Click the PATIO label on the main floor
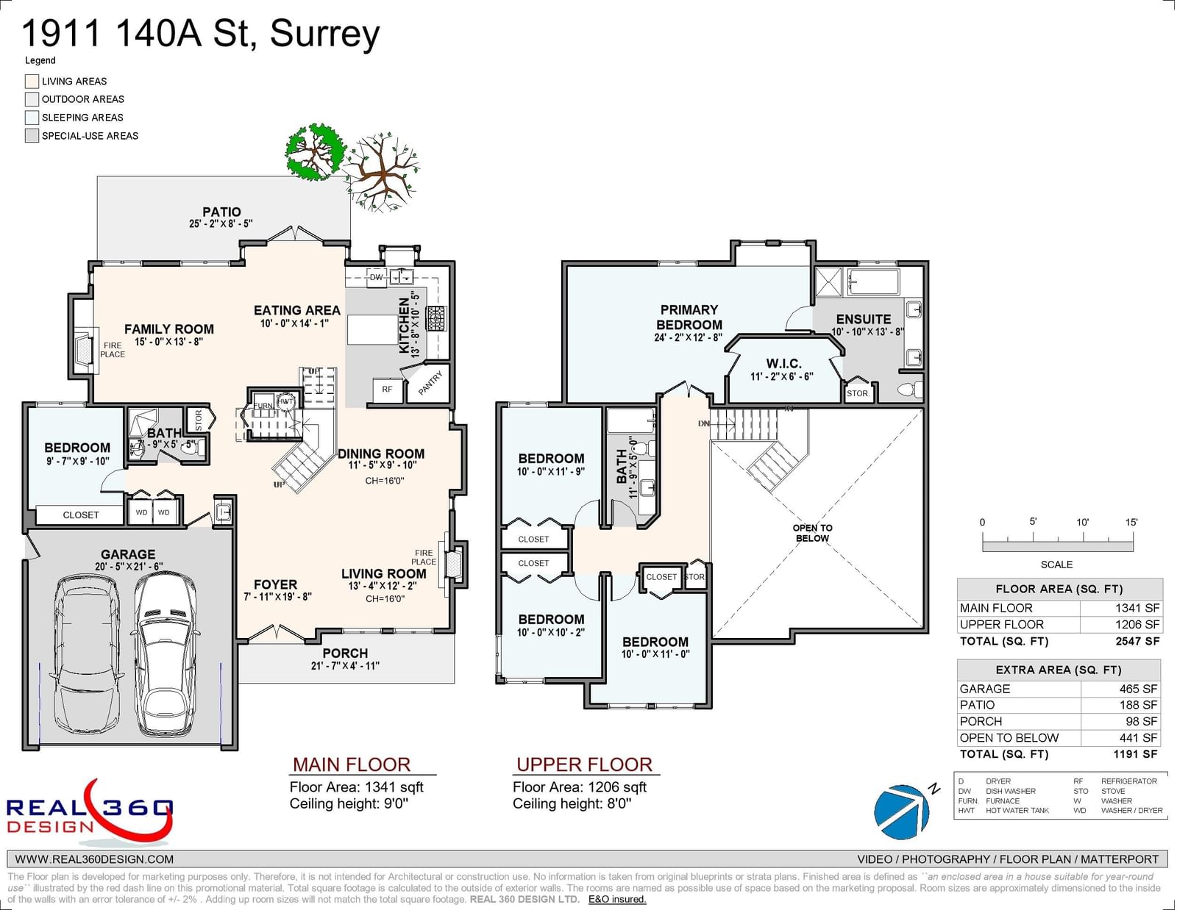coord(221,212)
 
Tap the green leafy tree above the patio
coord(315,152)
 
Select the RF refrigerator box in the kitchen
coord(387,390)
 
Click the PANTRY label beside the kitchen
coord(430,383)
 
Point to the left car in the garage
coord(87,652)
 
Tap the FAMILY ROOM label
coord(168,329)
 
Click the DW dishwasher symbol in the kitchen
coord(376,277)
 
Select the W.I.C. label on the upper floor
coord(783,364)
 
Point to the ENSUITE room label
coord(863,319)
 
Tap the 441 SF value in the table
coord(1138,737)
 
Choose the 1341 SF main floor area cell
coord(1137,608)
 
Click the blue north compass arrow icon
coord(903,811)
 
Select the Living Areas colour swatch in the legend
coord(32,81)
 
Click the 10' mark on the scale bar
coord(1082,523)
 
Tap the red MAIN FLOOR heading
coord(351,764)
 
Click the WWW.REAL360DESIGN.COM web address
coord(94,859)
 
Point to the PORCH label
coord(345,653)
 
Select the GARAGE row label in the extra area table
coord(984,689)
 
